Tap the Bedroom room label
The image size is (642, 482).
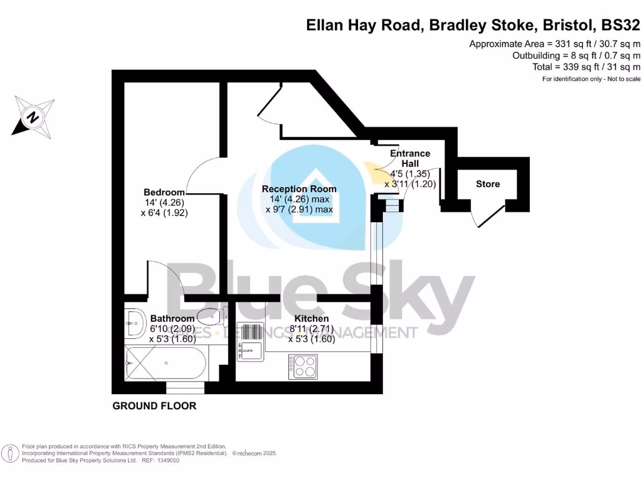pos(164,192)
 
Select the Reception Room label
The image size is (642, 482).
pos(299,189)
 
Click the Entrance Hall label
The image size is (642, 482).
pos(410,158)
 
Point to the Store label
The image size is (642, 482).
pos(488,184)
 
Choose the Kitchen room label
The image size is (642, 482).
pos(312,318)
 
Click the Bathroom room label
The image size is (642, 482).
pos(172,318)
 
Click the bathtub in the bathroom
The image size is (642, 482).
pos(166,362)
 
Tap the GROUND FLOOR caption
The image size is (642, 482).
pos(154,406)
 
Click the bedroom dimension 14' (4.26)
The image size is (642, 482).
pos(165,203)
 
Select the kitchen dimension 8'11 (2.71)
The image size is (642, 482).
pos(312,329)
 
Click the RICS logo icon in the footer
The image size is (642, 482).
pos(10,453)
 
